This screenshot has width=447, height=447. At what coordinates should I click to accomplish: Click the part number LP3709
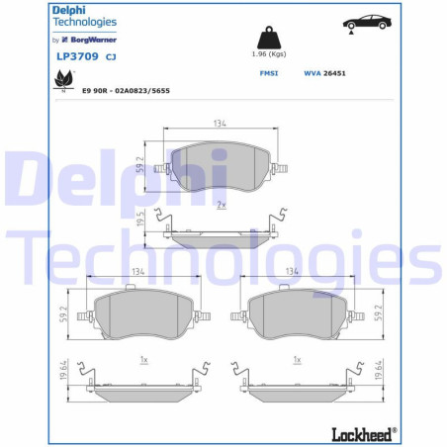(75, 56)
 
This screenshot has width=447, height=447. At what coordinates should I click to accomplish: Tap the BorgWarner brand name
(93, 40)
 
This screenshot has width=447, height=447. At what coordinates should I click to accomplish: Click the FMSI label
(268, 73)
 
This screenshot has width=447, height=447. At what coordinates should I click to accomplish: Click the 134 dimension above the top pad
(220, 124)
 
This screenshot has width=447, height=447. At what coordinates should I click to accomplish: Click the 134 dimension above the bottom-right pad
(292, 270)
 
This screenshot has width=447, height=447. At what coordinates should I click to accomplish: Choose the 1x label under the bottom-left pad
(144, 358)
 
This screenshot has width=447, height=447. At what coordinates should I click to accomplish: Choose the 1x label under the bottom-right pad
(299, 358)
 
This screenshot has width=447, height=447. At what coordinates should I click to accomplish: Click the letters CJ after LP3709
(111, 56)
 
